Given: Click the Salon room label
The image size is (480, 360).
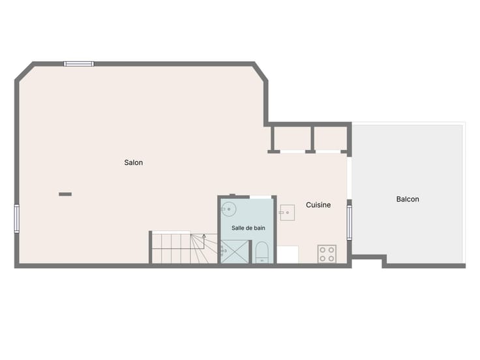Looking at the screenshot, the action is pos(134,162).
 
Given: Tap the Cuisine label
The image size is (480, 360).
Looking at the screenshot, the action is pos(318,205).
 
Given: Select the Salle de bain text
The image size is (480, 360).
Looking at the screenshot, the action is pos(248,228).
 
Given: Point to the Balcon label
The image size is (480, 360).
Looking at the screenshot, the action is pos(408,200).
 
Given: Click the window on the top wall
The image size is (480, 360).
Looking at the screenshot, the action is pos(79,64).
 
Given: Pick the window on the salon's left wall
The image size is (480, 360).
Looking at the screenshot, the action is pos(17,219).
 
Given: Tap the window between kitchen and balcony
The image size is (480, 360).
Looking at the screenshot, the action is pos(350,222).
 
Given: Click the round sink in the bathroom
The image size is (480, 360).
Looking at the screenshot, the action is pos(228,209).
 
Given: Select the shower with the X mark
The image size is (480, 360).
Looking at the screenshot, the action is pos(235,252).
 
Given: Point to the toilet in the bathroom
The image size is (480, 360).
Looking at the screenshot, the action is pos(262,252).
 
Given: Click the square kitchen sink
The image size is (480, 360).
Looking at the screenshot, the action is pos(287,213).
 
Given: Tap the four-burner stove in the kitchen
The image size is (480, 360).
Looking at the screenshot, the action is pos(327,254).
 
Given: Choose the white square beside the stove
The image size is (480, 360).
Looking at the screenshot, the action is pos(288,254).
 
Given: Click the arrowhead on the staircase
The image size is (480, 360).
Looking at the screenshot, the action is pos(204,235).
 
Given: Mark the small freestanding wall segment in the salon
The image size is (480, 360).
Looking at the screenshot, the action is pos(65,194).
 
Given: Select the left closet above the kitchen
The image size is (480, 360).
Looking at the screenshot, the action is pos(292,138).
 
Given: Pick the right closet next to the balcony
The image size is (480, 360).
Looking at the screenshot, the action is pos(331,138).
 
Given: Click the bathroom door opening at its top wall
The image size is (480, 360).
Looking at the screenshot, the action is pos(260,197).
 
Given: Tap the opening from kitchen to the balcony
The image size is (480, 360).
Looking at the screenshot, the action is pos(350,178).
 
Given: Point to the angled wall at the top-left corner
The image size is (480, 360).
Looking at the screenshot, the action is pos(24,72).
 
